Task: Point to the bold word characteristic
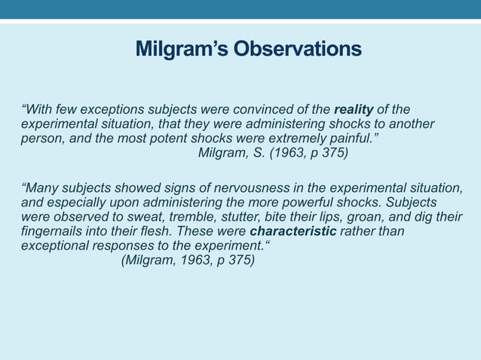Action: [x=293, y=232]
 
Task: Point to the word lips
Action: [x=329, y=218]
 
